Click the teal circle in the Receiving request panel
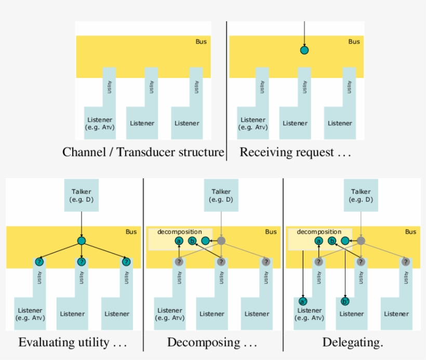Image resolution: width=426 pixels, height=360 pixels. pos(304,50)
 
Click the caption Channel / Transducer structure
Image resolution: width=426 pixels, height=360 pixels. pos(143,153)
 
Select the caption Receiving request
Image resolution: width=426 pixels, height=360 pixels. pos(295,153)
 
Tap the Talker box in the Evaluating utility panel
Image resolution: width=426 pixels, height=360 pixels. pos(81,195)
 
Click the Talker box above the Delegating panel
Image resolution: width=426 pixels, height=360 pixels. pos(361,195)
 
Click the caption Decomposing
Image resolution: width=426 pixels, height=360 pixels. pos(212,342)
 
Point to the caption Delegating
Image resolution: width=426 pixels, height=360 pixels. pos(353,342)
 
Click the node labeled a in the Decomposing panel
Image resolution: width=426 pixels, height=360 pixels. pos(179,241)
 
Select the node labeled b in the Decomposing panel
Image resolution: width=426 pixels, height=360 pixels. pos(192,241)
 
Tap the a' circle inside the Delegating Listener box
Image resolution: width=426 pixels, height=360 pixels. pos(302,301)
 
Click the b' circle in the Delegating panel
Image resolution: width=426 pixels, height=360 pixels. pos(344,301)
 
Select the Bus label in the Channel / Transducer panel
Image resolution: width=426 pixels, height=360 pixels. pos(201,42)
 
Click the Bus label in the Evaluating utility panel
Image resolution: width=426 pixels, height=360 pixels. pos(131,232)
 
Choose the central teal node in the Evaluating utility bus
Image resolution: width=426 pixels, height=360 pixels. pos(81,241)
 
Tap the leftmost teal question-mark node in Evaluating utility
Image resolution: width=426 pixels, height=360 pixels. pos(38,262)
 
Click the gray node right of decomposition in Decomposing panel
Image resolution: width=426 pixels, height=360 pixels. pos(221,241)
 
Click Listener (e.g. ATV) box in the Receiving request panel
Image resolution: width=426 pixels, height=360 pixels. pos(253,123)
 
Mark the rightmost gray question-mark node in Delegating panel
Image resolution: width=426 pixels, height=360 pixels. pos(406,262)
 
